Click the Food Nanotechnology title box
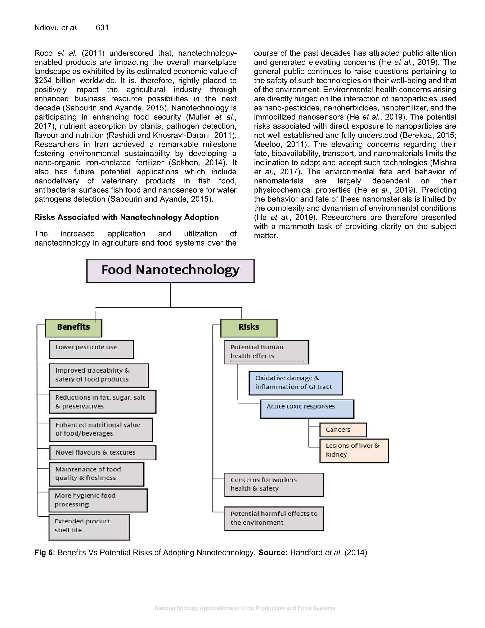click(x=170, y=271)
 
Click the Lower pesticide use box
click(x=91, y=349)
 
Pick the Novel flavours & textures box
click(x=103, y=453)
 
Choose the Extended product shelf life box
click(x=89, y=527)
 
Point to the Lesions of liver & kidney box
click(x=354, y=450)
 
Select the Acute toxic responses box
click(x=307, y=408)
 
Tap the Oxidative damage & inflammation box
click(x=295, y=383)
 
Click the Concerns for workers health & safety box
click(x=274, y=485)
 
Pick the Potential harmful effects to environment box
click(x=274, y=518)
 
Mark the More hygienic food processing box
click(x=98, y=500)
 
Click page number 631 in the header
click(x=102, y=27)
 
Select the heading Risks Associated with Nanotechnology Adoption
click(x=126, y=217)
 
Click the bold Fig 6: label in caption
click(x=45, y=552)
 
